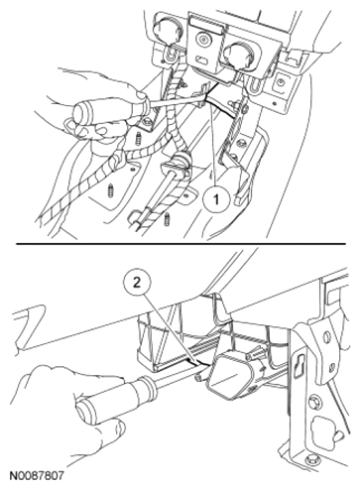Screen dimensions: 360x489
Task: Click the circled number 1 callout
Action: tap(215, 199)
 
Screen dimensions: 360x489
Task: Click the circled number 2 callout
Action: tap(136, 283)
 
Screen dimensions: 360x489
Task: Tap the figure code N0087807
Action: tap(36, 476)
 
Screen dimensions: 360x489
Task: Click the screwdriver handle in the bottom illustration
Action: tap(111, 397)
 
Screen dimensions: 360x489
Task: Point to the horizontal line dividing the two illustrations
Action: tap(180, 244)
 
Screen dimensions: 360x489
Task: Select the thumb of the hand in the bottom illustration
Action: tap(106, 429)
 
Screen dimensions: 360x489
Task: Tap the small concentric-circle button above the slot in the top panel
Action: tap(201, 41)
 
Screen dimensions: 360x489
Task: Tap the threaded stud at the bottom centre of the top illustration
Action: tap(167, 219)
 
